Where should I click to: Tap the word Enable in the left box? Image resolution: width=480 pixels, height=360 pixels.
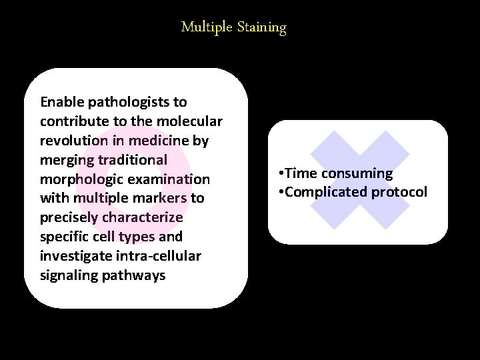pos(61,102)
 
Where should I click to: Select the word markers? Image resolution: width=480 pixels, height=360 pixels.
pos(160,199)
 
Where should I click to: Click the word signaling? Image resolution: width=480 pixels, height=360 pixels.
pos(70,276)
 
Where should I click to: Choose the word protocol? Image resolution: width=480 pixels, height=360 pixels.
pos(399,193)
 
